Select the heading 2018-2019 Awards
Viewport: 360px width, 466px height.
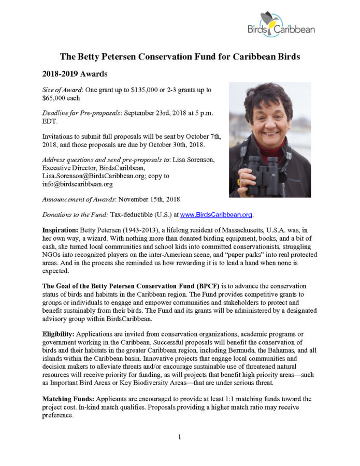pos(77,74)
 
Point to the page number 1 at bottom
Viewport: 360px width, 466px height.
pos(180,438)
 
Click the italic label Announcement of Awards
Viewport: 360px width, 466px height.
pos(83,199)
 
